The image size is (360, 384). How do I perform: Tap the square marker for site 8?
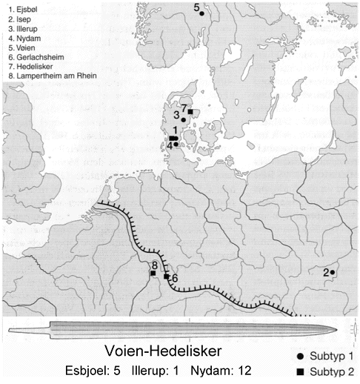pyautogui.click(x=153, y=274)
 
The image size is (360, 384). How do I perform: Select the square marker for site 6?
pyautogui.click(x=167, y=276)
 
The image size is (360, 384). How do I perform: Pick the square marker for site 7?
pyautogui.click(x=190, y=112)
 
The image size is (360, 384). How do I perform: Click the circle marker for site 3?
pyautogui.click(x=183, y=119)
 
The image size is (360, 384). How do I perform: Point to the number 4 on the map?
pyautogui.click(x=170, y=145)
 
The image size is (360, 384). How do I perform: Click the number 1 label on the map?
pyautogui.click(x=174, y=130)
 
